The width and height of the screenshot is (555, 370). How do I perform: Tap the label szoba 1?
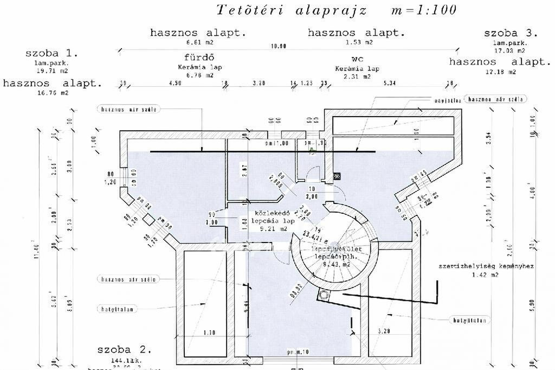52,53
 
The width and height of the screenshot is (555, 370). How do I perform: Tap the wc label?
356,59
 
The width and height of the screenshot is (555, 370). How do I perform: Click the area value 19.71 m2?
52,71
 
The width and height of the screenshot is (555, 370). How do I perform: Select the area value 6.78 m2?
200,76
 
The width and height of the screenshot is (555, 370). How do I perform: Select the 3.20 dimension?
259,84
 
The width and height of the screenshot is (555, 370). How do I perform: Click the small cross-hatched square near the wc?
337,176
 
